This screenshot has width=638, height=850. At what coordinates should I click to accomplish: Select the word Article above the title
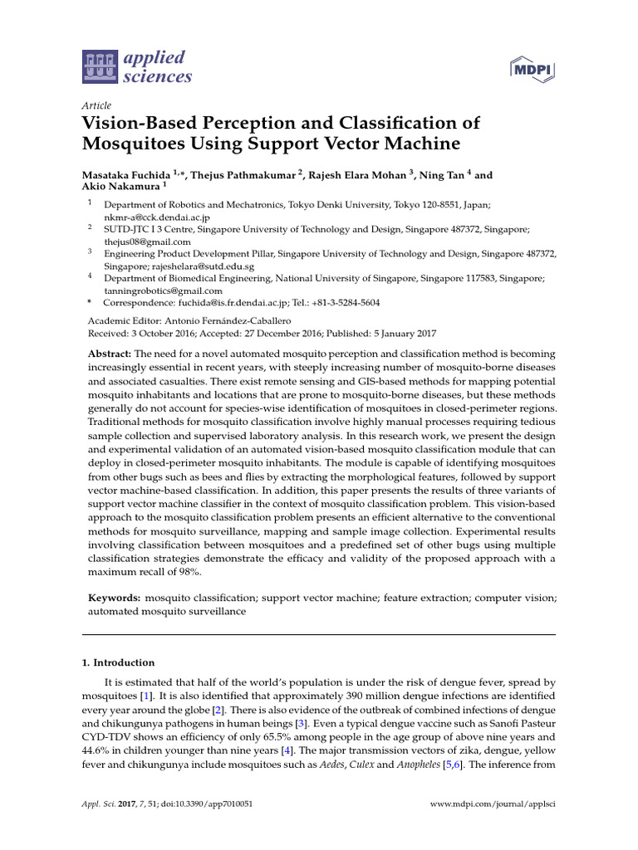coord(96,106)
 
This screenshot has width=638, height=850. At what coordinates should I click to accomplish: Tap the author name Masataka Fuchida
coord(125,175)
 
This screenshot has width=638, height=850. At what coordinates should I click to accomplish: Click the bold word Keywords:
coord(114,597)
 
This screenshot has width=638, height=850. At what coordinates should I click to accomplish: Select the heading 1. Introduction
coord(118,662)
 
